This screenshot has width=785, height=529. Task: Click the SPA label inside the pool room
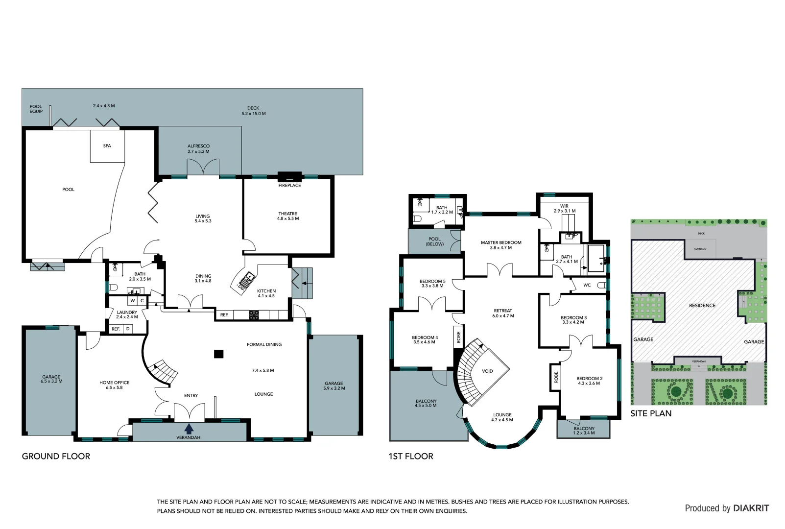[x=107, y=145]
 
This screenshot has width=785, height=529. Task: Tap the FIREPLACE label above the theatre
[x=289, y=186]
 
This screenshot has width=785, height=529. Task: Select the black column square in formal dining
[x=219, y=354]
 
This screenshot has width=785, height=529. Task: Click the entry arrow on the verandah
[x=189, y=429]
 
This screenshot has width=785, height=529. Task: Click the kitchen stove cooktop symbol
[x=254, y=315]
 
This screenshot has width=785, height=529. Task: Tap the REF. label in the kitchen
[x=224, y=315]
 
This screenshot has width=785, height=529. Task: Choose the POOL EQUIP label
[x=36, y=109]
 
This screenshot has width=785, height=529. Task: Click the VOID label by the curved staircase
[x=487, y=371]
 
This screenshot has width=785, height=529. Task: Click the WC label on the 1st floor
[x=587, y=285]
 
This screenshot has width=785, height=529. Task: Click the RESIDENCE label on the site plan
[x=702, y=305]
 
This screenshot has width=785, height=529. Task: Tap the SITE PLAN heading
[x=651, y=413]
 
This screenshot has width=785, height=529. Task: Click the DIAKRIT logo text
[x=751, y=508]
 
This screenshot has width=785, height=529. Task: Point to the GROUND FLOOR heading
[x=56, y=456]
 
